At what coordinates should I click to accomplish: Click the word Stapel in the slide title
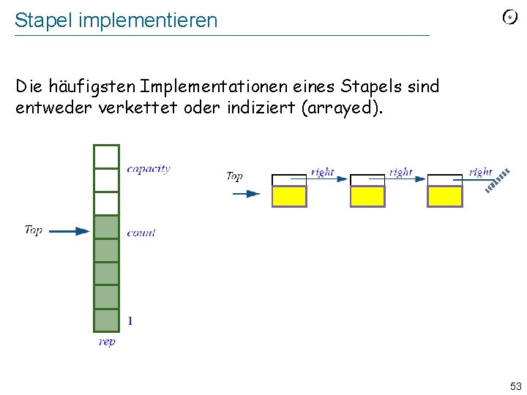[x=38, y=20]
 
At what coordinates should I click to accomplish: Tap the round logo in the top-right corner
[x=510, y=17]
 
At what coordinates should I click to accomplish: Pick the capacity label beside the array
[x=148, y=169]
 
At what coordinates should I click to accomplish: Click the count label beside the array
[x=141, y=233]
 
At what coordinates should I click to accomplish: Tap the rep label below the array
[x=107, y=342]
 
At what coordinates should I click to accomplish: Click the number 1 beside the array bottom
[x=130, y=320]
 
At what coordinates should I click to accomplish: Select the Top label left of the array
[x=34, y=230]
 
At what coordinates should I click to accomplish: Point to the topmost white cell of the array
[x=106, y=157]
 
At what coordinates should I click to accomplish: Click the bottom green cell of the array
[x=106, y=320]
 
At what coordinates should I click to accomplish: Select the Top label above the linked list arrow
[x=234, y=176]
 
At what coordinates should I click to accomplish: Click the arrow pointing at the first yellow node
[x=246, y=194]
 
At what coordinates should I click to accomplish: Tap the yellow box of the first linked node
[x=289, y=196]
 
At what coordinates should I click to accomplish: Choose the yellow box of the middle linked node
[x=367, y=196]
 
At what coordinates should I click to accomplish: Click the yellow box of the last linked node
[x=444, y=196]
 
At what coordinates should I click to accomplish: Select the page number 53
[x=515, y=385]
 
